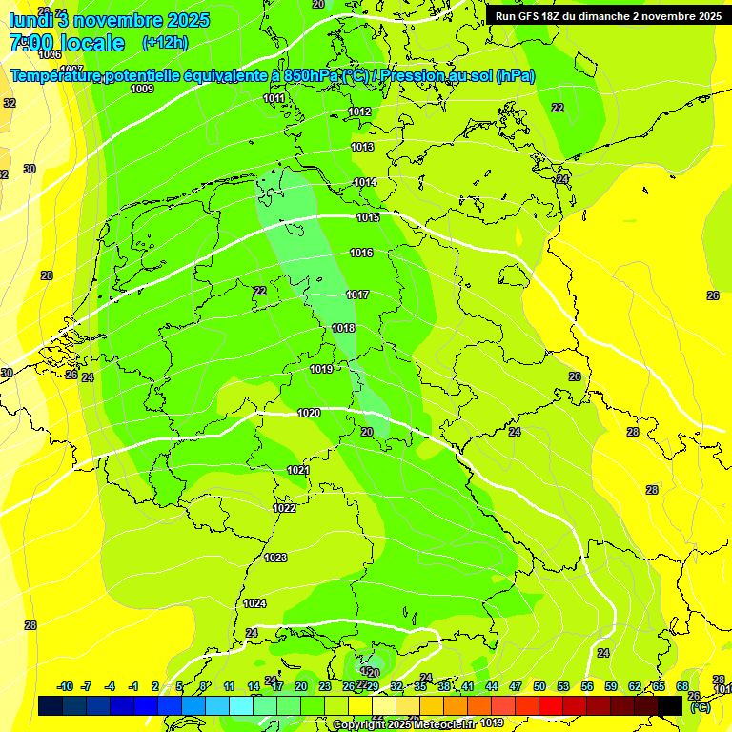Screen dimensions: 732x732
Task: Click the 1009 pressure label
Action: click(142, 89)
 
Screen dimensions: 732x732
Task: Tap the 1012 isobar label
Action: click(359, 112)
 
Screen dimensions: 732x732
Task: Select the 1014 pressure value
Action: click(365, 182)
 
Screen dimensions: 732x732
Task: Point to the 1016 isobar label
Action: click(361, 253)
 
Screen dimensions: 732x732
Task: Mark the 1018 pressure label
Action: click(343, 328)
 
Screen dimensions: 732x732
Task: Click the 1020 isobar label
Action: click(309, 413)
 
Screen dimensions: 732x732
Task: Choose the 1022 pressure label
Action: click(284, 508)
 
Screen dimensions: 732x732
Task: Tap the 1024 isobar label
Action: click(254, 603)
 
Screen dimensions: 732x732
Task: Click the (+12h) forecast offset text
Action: click(165, 43)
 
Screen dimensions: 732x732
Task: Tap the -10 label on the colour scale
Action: click(65, 686)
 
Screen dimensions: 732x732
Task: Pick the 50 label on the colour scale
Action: click(539, 686)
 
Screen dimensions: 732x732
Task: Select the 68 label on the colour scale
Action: click(682, 686)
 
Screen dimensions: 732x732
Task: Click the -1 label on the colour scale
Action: click(133, 686)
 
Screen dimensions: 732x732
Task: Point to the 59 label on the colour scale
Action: click(611, 686)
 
